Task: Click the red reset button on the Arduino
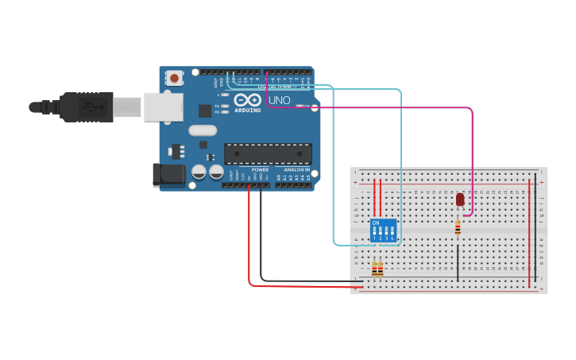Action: (173, 78)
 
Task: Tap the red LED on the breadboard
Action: (460, 199)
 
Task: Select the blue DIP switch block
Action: (383, 230)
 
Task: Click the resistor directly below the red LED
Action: (458, 228)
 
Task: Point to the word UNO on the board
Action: (279, 101)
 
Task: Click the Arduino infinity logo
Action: (247, 100)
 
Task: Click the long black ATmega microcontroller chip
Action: (268, 153)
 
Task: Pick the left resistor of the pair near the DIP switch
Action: (374, 269)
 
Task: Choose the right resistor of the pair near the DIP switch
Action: (381, 269)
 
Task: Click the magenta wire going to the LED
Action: (472, 159)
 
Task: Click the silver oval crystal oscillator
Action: (203, 130)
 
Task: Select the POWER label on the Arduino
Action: (260, 170)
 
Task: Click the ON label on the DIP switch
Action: (376, 223)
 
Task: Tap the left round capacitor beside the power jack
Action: (199, 172)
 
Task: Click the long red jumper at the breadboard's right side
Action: (529, 234)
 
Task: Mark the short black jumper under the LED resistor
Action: (458, 262)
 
